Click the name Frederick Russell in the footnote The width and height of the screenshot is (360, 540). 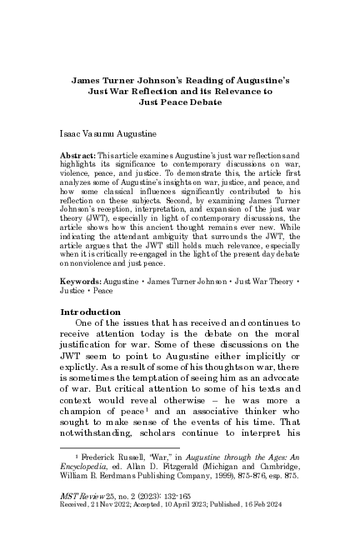pyautogui.click(x=114, y=458)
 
